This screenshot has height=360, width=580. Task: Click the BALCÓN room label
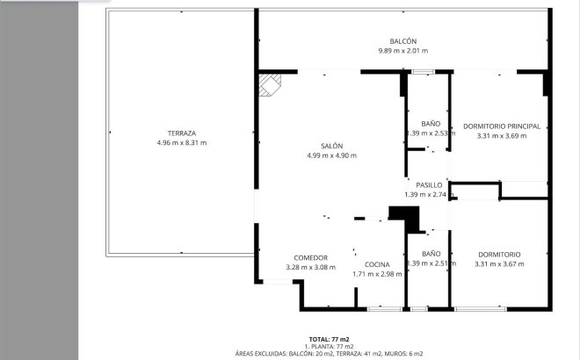tap(402, 41)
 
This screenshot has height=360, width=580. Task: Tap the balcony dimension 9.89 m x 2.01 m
tap(402, 51)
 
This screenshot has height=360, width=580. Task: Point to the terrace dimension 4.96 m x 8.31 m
tap(181, 142)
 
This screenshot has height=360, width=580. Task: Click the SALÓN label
tap(331, 146)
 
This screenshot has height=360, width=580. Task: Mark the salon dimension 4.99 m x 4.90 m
tap(331, 155)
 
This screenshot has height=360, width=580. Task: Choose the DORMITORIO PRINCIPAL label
tap(501, 126)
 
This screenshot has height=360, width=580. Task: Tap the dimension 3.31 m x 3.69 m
tap(501, 136)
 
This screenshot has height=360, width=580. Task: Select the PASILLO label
tap(430, 185)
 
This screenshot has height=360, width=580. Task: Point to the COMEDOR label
tap(311, 257)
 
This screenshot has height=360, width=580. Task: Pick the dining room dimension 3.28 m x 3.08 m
tap(311, 267)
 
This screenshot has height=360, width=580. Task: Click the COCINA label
tap(377, 263)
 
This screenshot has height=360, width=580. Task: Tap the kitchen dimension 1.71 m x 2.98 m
tap(377, 273)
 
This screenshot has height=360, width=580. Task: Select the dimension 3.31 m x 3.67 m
tap(499, 263)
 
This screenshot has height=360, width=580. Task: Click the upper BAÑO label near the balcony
tap(431, 124)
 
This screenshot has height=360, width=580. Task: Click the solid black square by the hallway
tap(400, 214)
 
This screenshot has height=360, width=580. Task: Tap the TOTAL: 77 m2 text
tap(330, 339)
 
